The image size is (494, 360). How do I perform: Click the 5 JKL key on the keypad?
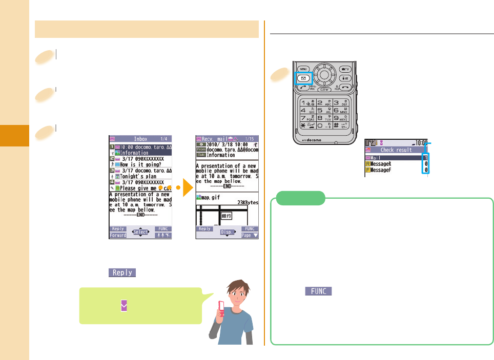click(323, 110)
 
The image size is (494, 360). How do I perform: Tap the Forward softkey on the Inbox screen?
click(118, 236)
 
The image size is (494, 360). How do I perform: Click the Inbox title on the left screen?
click(140, 138)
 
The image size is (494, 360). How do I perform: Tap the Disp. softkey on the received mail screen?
click(227, 232)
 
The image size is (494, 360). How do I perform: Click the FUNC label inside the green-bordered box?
click(319, 291)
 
